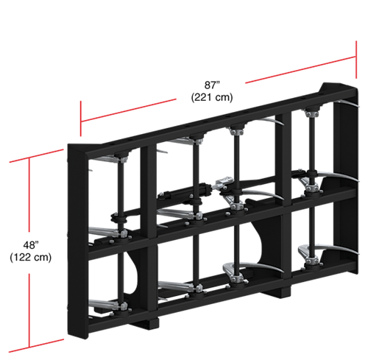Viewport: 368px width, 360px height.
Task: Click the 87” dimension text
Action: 212,85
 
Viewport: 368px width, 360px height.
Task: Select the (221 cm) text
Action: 212,97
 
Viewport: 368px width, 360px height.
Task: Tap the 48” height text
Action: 31,245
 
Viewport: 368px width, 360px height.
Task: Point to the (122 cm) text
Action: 31,257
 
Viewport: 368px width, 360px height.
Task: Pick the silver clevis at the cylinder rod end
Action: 223,183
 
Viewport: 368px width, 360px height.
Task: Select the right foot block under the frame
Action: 278,292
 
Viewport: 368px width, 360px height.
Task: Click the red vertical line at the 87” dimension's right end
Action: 356,60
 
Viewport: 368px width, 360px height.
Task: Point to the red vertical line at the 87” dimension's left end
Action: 81,119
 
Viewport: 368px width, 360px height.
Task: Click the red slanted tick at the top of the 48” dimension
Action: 36,155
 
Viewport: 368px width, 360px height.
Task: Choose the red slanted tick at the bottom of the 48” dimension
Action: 36,346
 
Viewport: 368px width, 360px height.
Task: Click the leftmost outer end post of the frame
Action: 77,241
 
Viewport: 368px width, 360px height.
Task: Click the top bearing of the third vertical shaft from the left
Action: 236,130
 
